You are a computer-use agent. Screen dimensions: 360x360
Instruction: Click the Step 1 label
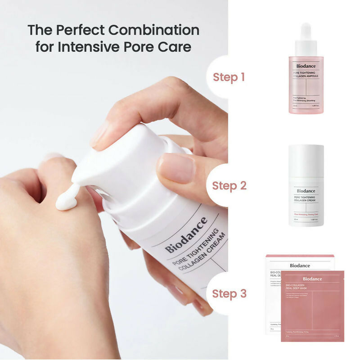tap(229, 76)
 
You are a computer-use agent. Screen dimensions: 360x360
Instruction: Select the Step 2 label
tap(229, 185)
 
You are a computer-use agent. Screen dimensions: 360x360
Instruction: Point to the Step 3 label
tap(229, 294)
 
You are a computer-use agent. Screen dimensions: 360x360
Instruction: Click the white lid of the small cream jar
tap(306, 160)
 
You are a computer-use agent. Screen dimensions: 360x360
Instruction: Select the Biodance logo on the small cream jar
tap(306, 191)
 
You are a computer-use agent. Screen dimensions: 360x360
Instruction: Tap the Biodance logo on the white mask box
tap(300, 265)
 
